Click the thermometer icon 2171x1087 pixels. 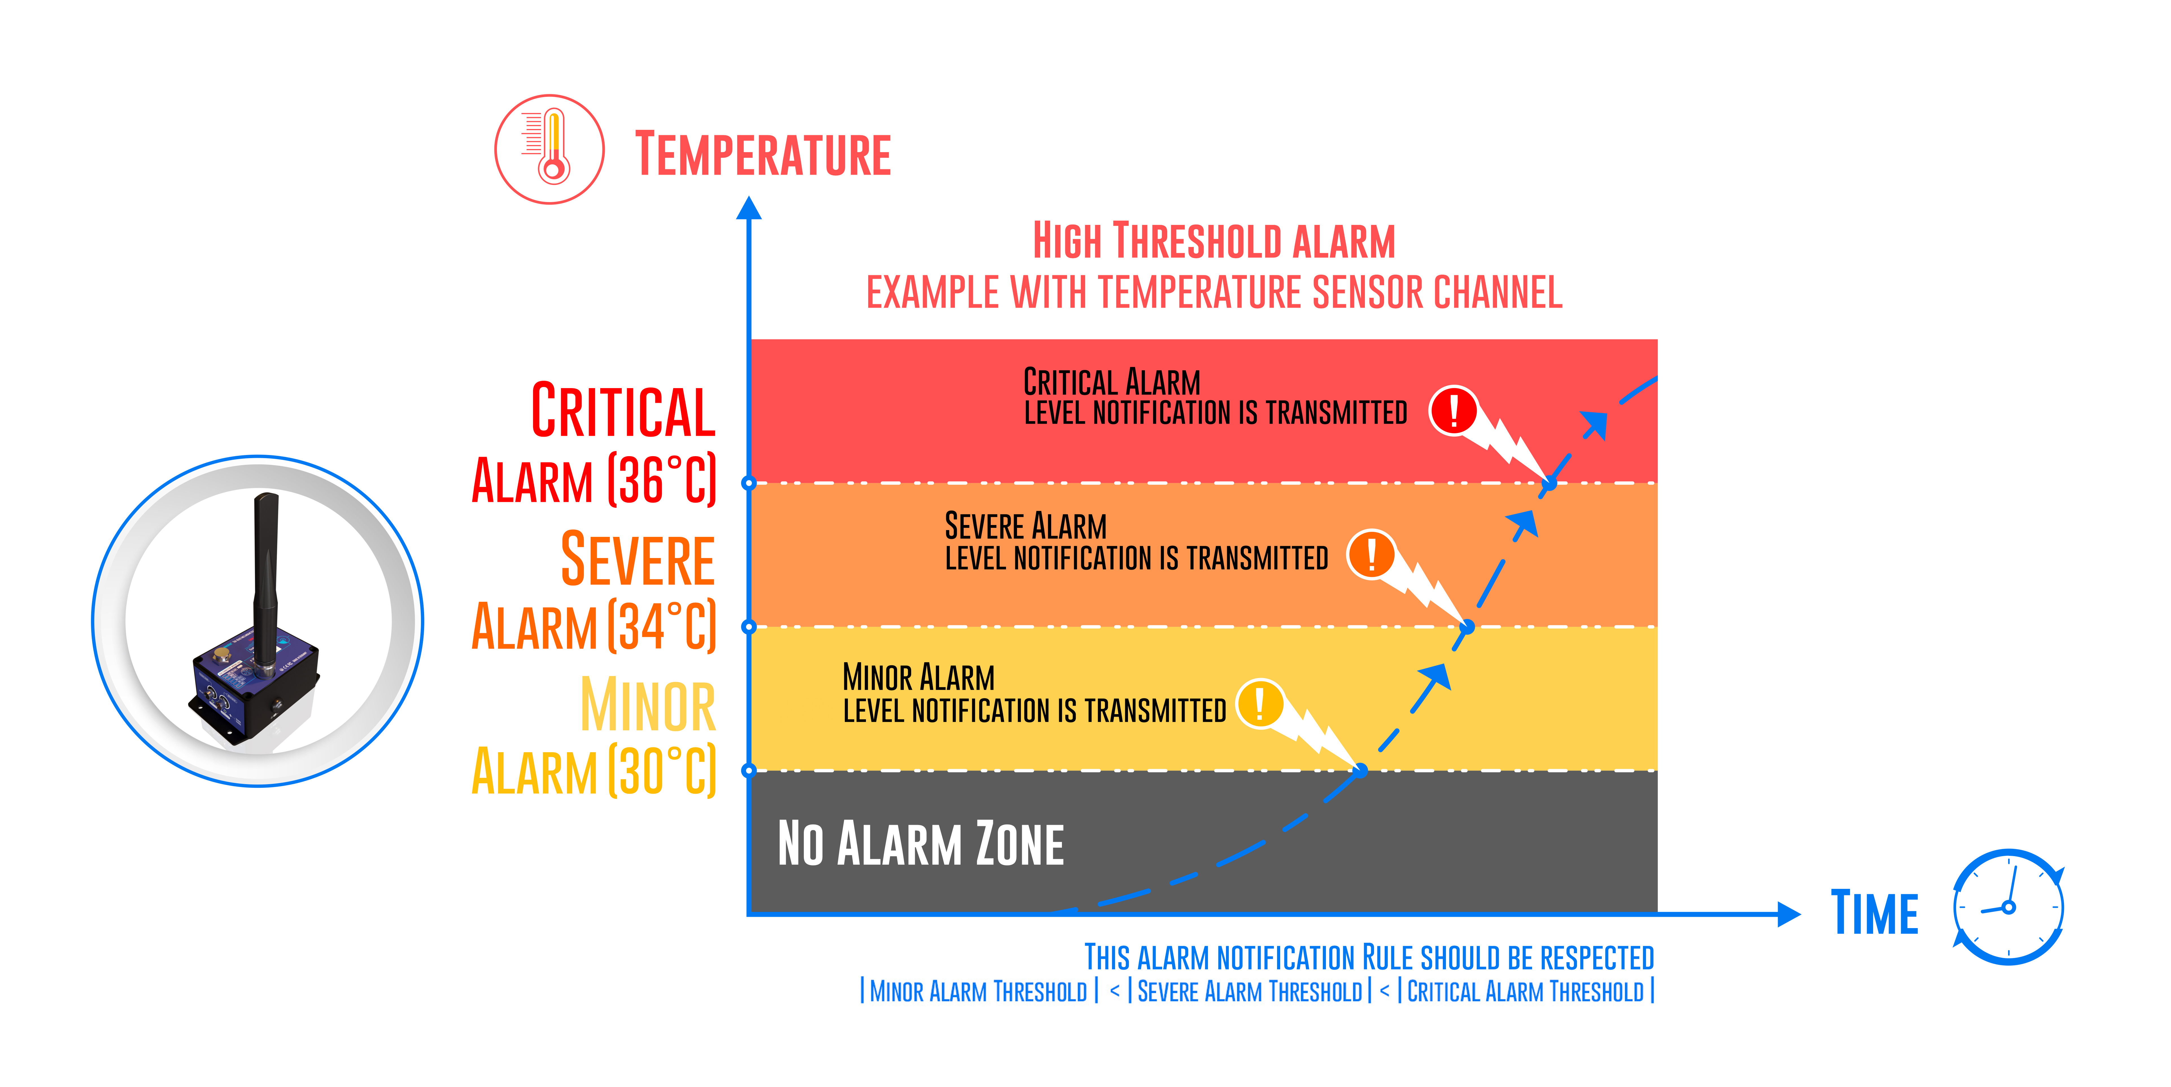pyautogui.click(x=549, y=149)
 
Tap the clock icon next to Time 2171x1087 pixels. pyautogui.click(x=2008, y=907)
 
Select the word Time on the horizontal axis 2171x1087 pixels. pyautogui.click(x=1875, y=913)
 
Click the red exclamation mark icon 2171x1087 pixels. pyautogui.click(x=1453, y=410)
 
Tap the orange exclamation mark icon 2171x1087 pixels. pyautogui.click(x=1371, y=554)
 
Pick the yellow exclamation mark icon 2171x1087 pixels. pyautogui.click(x=1260, y=704)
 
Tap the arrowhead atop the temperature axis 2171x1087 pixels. pyautogui.click(x=749, y=208)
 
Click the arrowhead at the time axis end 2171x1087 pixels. pyautogui.click(x=1788, y=913)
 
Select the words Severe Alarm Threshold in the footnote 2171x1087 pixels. pyautogui.click(x=1249, y=992)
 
